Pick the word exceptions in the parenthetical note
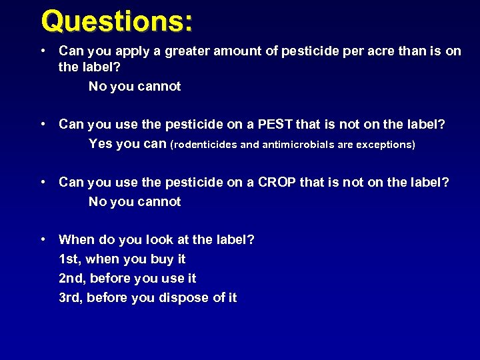click(383, 145)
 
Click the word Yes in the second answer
click(101, 144)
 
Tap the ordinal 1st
click(69, 259)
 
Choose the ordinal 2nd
click(71, 278)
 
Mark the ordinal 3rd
click(69, 297)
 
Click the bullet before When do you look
click(42, 239)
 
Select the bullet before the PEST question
click(42, 125)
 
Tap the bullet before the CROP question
click(42, 182)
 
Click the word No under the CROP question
click(98, 201)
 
